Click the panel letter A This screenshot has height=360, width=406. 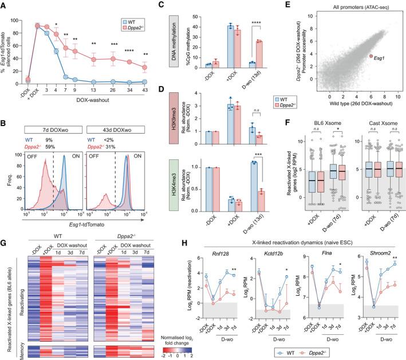point(4,5)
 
